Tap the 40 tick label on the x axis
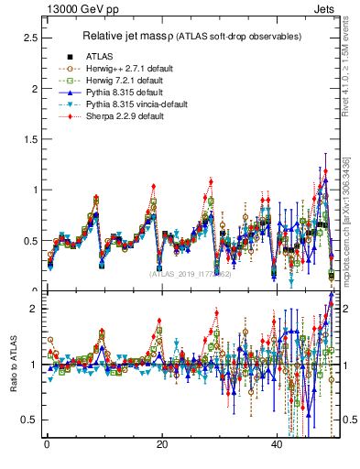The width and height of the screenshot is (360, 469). (277, 444)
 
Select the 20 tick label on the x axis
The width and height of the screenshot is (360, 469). (161, 444)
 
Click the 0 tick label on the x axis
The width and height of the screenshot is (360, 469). (46, 444)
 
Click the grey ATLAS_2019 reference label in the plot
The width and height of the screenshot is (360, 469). (192, 273)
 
